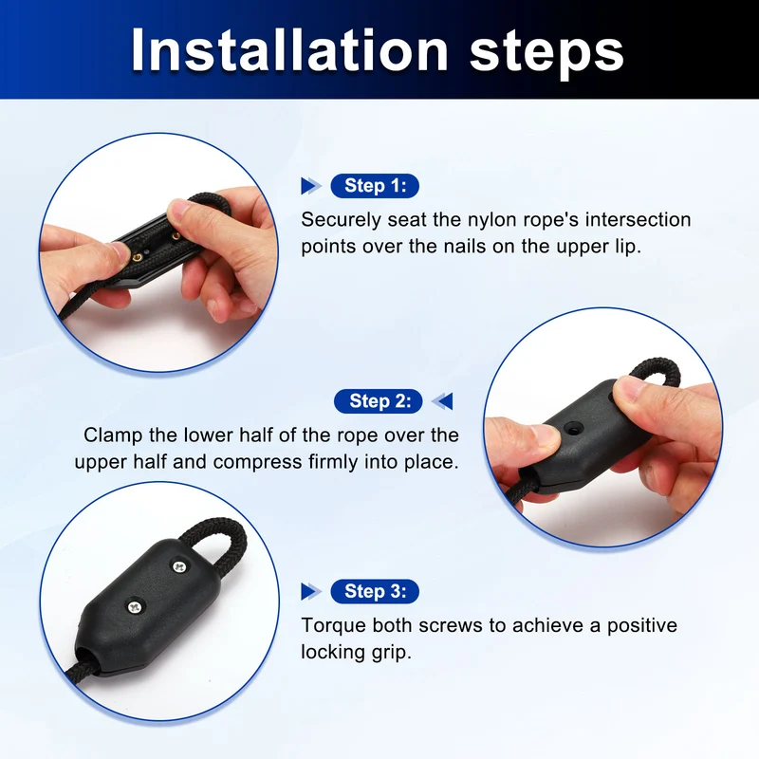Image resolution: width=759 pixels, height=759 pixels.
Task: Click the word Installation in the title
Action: tap(289, 50)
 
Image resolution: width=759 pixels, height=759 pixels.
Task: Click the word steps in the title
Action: tap(546, 53)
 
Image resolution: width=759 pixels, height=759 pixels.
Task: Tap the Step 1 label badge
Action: tap(375, 186)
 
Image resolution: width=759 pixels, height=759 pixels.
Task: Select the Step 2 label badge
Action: tap(378, 401)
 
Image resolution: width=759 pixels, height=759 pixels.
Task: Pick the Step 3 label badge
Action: tap(375, 591)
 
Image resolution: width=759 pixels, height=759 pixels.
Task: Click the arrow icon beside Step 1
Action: tap(311, 186)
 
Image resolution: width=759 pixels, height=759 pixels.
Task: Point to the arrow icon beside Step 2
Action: tap(442, 401)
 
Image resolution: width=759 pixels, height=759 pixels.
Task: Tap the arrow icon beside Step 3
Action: tap(311, 591)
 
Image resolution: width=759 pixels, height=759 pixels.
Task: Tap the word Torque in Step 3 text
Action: tap(334, 626)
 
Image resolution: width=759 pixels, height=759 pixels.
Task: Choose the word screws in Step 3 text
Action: tap(450, 626)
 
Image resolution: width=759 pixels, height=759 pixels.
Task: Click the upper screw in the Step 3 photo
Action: tap(180, 565)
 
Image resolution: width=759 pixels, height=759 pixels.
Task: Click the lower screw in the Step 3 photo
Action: tap(135, 605)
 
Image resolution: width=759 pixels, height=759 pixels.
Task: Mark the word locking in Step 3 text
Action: tap(334, 653)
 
